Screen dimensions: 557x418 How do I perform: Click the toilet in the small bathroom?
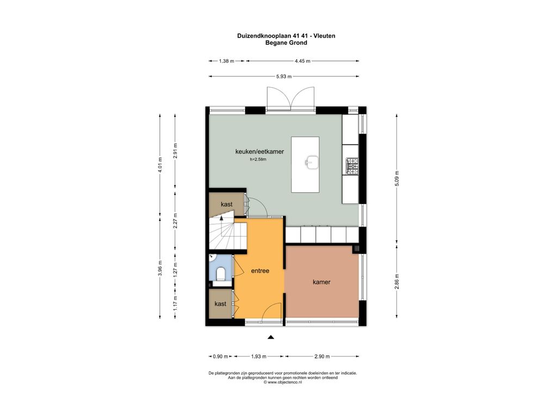pos(221,274)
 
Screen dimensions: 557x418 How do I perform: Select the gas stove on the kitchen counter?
pos(352,165)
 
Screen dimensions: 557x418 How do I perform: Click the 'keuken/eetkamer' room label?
pos(259,151)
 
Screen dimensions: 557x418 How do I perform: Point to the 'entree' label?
pos(260,271)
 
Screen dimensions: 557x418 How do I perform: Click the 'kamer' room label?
pos(321,282)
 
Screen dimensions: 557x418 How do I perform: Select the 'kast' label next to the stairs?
pos(226,205)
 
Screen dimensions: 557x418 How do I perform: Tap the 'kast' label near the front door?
pos(220,304)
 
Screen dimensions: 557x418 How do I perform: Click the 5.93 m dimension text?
pos(284,76)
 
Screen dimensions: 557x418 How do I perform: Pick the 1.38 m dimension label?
pos(226,61)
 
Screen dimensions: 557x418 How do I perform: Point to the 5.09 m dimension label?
pos(397,179)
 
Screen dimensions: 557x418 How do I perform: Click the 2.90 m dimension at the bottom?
pos(322,356)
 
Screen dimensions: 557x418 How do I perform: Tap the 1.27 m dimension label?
pos(175,269)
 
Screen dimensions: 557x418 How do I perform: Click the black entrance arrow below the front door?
pos(271,337)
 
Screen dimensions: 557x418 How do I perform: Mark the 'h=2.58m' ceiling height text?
pos(258,159)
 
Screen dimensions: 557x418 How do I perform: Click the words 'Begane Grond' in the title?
pos(286,42)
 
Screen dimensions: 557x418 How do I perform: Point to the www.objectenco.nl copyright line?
pos(283,382)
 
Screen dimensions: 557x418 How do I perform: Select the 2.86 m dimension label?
pos(397,281)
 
